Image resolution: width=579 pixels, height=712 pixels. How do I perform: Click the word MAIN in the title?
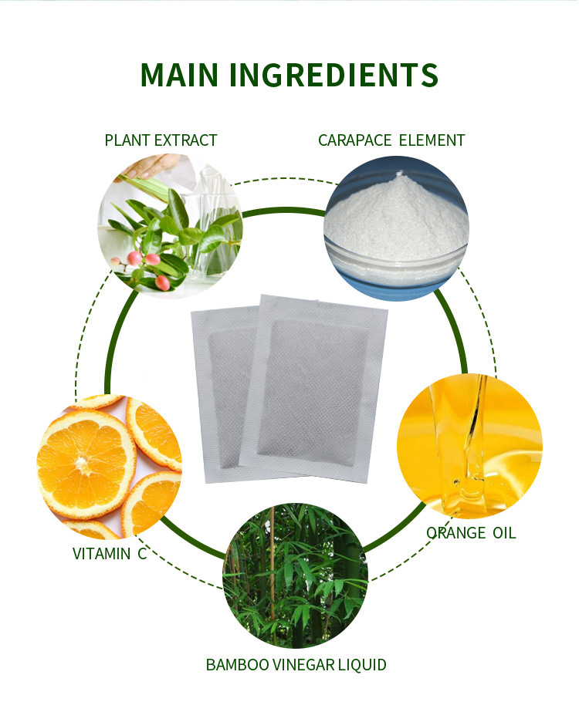[x=181, y=74]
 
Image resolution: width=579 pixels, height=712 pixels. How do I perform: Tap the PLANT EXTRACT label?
[x=161, y=140]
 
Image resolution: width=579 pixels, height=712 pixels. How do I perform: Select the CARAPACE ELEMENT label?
[x=391, y=140]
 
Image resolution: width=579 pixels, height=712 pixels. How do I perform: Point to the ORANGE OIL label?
[x=471, y=533]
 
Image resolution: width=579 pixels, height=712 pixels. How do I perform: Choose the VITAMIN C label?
[x=109, y=553]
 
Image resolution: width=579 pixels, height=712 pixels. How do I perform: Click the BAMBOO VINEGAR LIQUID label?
[x=296, y=664]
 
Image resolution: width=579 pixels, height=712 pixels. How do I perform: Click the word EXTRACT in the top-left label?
[x=186, y=140]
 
